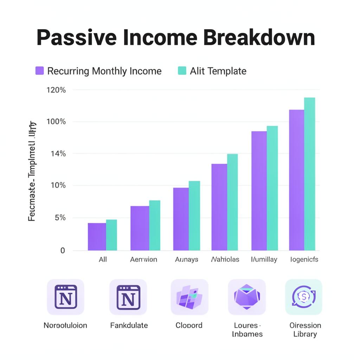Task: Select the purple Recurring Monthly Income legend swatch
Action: [39, 71]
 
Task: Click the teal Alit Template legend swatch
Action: [182, 71]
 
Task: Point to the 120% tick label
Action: [56, 90]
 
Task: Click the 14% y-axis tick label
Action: [58, 154]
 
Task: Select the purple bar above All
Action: [97, 237]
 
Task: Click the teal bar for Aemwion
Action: [155, 225]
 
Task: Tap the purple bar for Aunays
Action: [181, 219]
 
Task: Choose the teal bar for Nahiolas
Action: [232, 202]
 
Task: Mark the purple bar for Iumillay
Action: [259, 191]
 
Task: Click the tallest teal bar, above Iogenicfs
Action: [309, 174]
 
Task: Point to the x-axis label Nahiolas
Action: [225, 259]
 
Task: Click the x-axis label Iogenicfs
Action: [304, 259]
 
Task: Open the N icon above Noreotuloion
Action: [65, 297]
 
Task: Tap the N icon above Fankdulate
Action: [128, 297]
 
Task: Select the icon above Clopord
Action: [189, 297]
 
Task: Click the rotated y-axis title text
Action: [32, 171]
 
